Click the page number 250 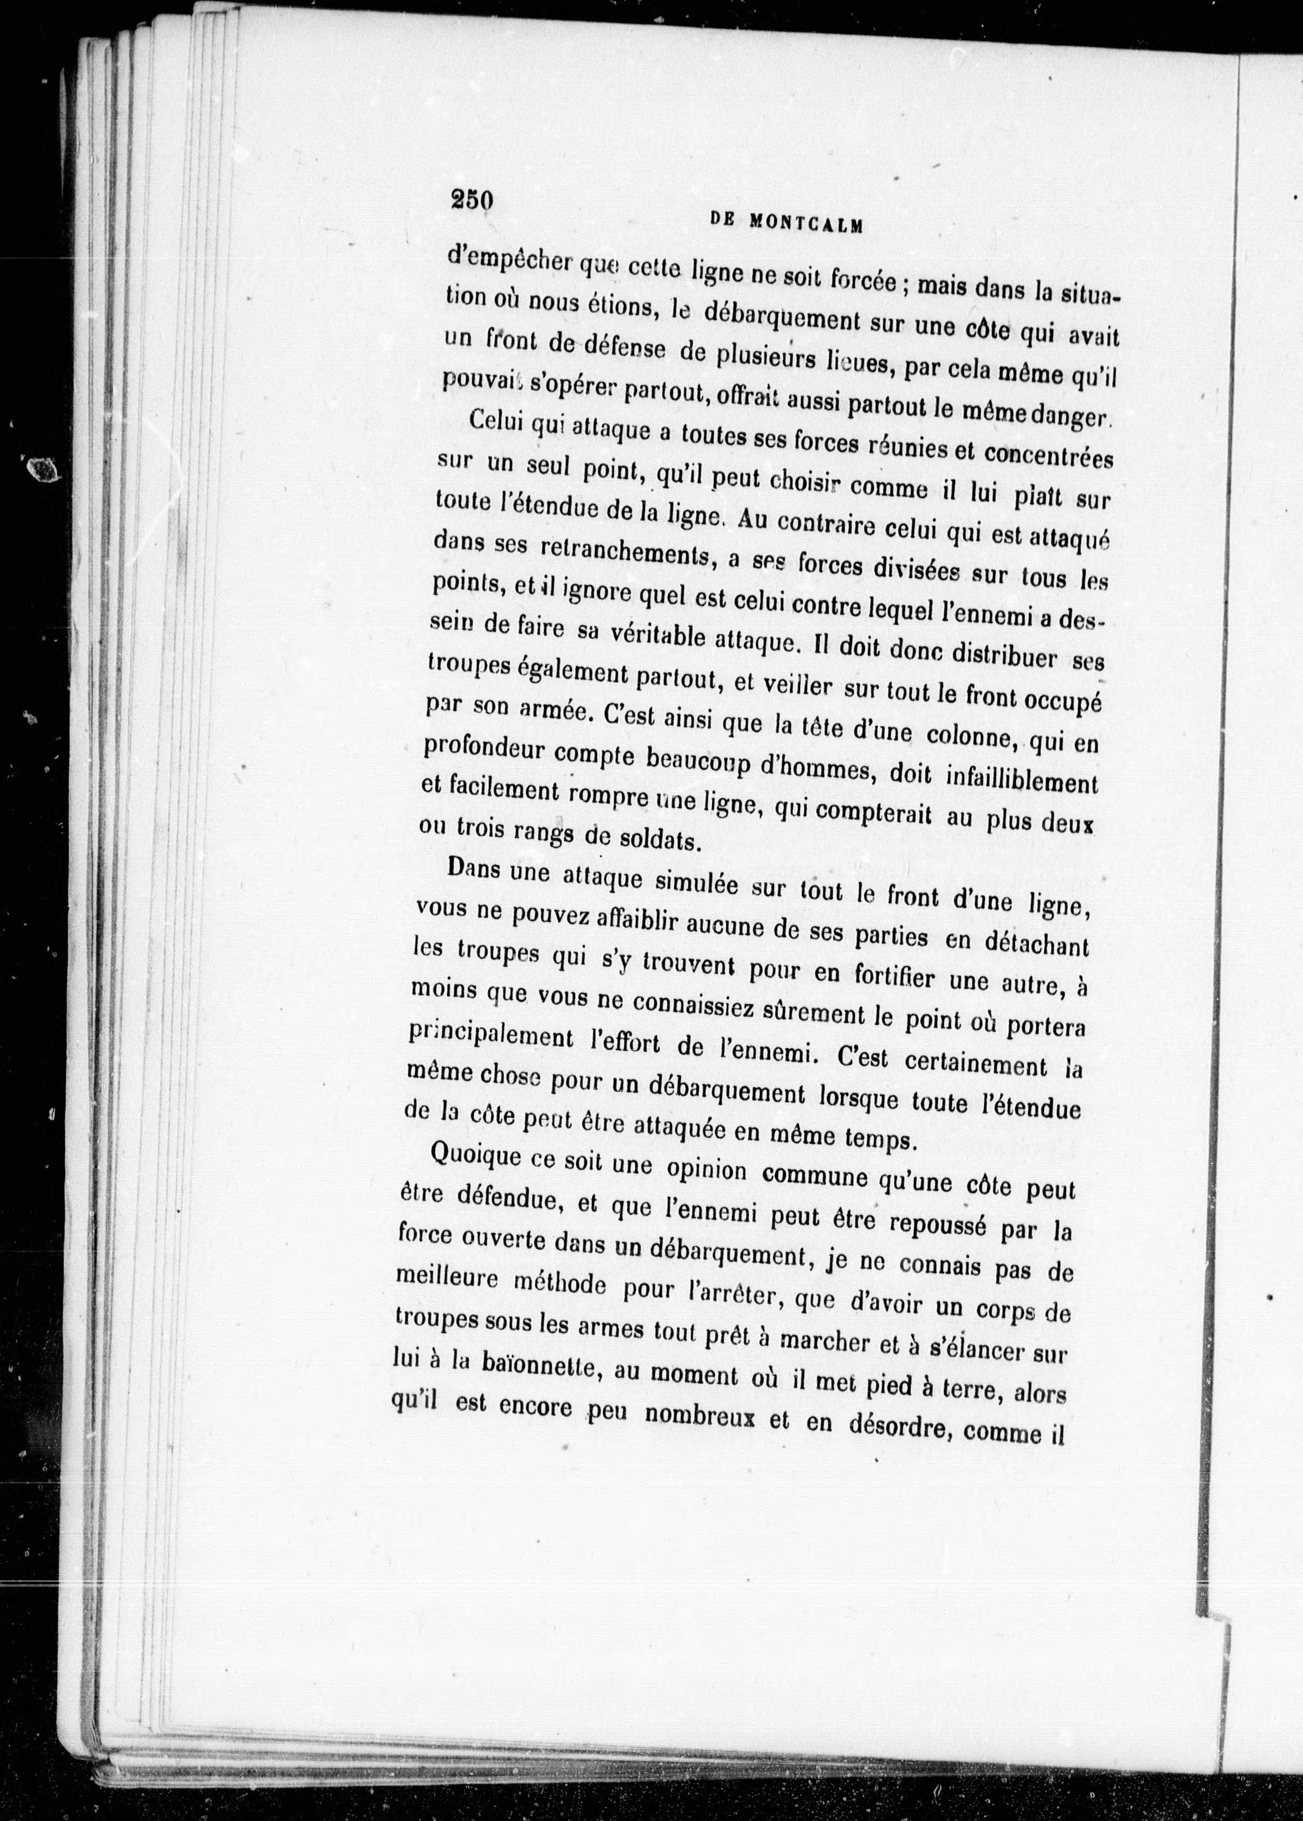click(x=471, y=200)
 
